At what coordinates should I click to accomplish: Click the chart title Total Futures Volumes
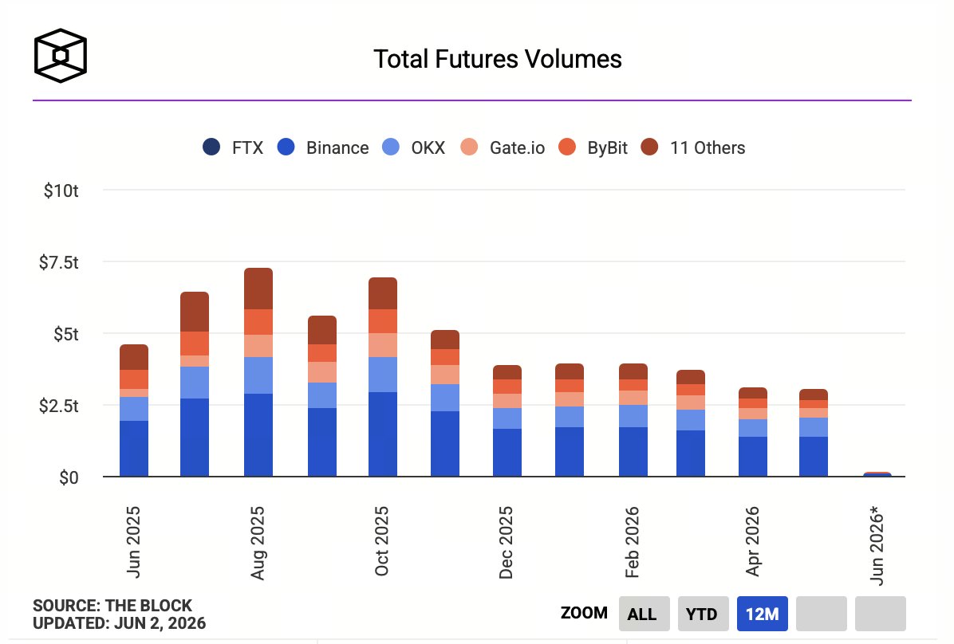tap(497, 59)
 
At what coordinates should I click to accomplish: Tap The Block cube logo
tap(61, 55)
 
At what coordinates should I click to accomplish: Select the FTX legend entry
tap(233, 147)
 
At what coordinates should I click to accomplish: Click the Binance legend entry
tap(322, 147)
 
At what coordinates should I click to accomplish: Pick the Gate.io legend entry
tap(503, 147)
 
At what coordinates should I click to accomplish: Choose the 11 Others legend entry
tap(693, 147)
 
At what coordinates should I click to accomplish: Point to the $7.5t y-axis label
tap(59, 262)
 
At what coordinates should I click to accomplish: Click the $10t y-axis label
tap(61, 190)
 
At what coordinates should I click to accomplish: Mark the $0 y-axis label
tap(69, 477)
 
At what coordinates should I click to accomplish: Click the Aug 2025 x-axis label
tap(258, 543)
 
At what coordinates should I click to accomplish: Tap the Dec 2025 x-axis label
tap(506, 543)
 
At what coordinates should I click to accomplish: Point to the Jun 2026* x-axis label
tap(876, 545)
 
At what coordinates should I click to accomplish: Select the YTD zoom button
tap(702, 614)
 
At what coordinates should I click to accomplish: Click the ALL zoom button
tap(644, 614)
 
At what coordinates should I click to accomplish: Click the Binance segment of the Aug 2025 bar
tap(258, 435)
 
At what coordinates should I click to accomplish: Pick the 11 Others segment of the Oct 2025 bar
tap(383, 293)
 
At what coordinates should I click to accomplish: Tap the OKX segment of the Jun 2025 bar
tap(134, 409)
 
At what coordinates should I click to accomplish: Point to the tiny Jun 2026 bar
tap(877, 473)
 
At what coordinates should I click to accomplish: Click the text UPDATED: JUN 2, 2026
tap(120, 623)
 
